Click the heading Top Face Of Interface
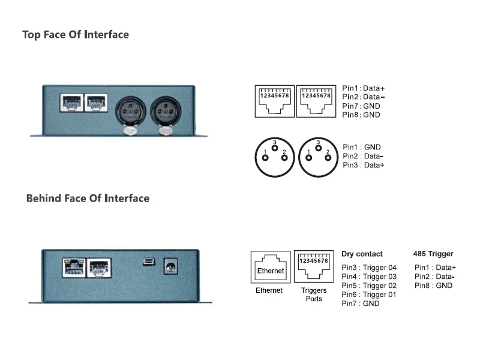click(x=76, y=35)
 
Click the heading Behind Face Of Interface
click(x=88, y=199)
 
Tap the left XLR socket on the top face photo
click(x=130, y=111)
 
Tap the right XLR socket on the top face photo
click(x=166, y=111)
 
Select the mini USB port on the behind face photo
click(x=149, y=262)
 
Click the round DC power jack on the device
click(x=170, y=266)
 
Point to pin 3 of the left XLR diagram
click(x=275, y=148)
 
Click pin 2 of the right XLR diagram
click(x=328, y=158)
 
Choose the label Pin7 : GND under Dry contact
click(x=361, y=304)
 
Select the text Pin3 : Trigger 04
click(x=369, y=268)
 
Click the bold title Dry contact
click(x=362, y=254)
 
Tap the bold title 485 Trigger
click(x=433, y=254)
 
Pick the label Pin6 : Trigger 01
click(x=369, y=295)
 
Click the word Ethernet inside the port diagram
click(x=271, y=271)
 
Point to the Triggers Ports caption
click(x=314, y=295)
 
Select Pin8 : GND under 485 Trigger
click(x=433, y=286)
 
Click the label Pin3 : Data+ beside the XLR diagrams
click(x=364, y=166)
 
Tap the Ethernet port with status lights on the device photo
click(x=74, y=268)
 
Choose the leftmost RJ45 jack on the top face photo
click(x=71, y=103)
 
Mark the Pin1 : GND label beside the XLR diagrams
click(x=362, y=147)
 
